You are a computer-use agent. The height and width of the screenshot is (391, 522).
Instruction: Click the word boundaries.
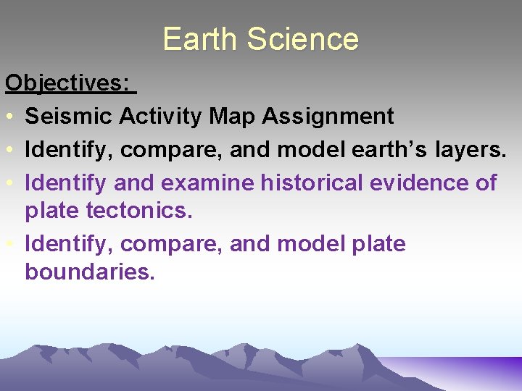point(90,272)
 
